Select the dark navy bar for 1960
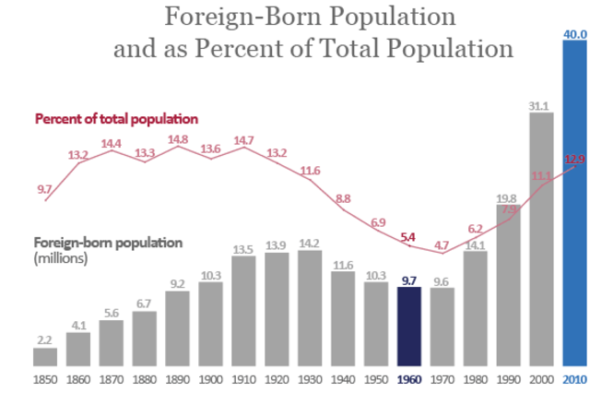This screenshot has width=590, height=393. (x=408, y=327)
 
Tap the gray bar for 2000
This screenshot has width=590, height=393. (x=541, y=240)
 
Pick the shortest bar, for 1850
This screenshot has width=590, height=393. (x=45, y=356)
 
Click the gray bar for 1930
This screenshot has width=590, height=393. (x=310, y=308)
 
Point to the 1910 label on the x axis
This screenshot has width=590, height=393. (x=243, y=380)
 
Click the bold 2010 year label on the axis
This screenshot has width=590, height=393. (x=574, y=380)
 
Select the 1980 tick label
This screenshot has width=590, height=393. (x=475, y=380)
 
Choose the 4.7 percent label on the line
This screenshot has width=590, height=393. (x=442, y=245)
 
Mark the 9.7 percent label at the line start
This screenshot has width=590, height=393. (x=44, y=188)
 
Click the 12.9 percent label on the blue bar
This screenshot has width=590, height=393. (x=575, y=159)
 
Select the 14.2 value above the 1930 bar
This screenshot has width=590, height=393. (x=310, y=244)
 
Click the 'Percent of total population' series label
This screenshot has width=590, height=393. (x=117, y=119)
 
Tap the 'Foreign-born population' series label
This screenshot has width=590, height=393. (x=108, y=244)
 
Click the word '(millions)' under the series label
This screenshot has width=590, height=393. (x=61, y=258)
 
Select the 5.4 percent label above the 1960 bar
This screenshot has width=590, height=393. (x=408, y=237)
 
